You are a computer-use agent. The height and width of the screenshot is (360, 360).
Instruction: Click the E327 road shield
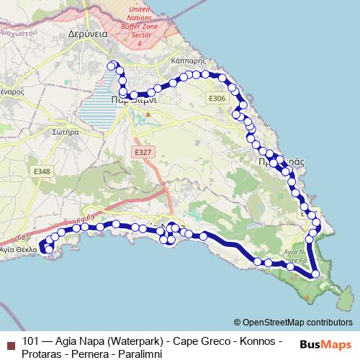(x=143, y=153)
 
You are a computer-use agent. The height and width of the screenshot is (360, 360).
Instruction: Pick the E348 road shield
(x=42, y=171)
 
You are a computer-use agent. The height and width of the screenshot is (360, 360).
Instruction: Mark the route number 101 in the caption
(x=31, y=340)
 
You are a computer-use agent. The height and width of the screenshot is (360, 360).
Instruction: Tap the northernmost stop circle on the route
(x=112, y=66)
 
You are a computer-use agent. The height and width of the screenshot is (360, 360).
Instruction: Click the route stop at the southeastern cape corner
(x=315, y=274)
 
